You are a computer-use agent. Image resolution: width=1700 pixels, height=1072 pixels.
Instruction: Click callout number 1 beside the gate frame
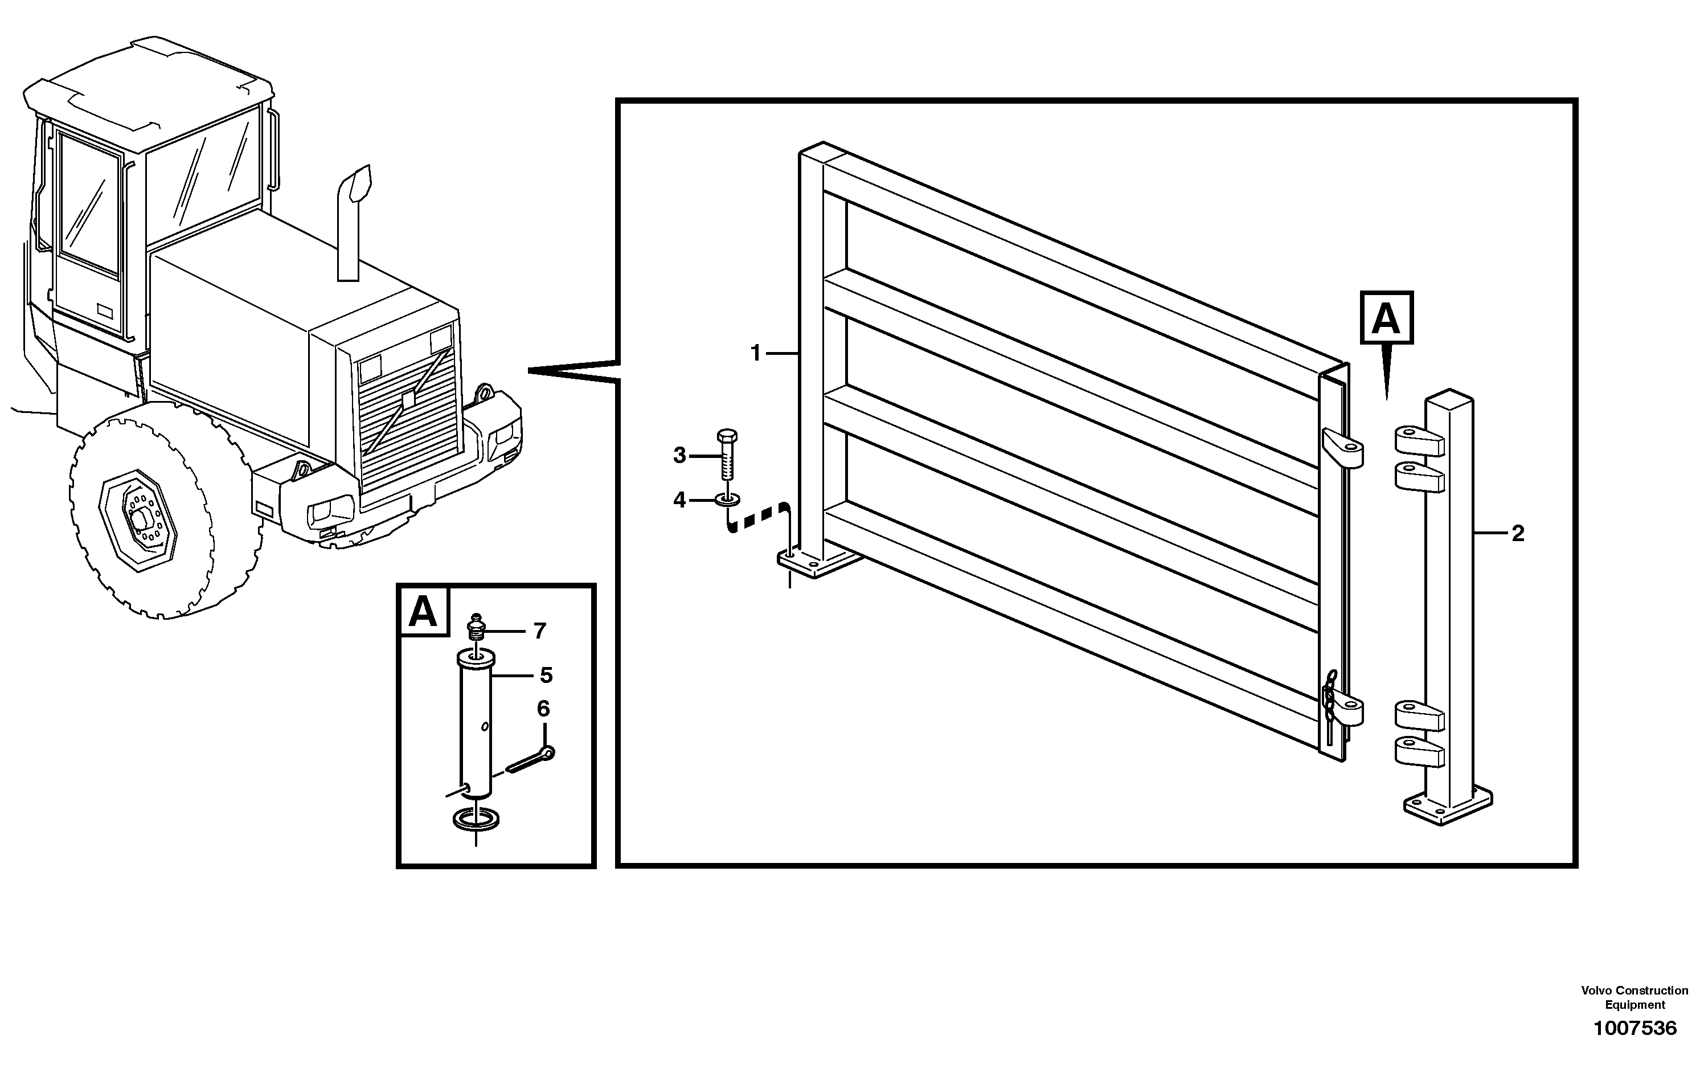(755, 353)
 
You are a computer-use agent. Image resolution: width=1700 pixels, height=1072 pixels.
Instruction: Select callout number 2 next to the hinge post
(1518, 533)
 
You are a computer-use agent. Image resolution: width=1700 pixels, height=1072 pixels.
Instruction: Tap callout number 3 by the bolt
(679, 456)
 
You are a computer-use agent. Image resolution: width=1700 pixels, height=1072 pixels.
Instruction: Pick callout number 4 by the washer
(679, 501)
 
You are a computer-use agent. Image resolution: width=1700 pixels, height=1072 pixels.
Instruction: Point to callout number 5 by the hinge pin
(546, 675)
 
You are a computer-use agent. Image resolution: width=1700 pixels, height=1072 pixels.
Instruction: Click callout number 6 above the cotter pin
(543, 709)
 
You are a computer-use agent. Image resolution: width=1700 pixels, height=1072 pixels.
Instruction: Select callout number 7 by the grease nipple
(540, 631)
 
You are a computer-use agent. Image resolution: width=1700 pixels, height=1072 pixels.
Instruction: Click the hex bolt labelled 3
(727, 456)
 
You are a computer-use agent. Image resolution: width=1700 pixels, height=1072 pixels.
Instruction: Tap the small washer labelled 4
(727, 501)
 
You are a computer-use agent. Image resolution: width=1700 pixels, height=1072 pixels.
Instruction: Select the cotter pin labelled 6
(531, 760)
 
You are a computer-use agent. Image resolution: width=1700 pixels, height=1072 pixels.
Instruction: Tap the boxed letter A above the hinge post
(1386, 318)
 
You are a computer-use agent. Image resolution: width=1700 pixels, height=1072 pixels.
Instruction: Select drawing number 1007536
(1635, 1028)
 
